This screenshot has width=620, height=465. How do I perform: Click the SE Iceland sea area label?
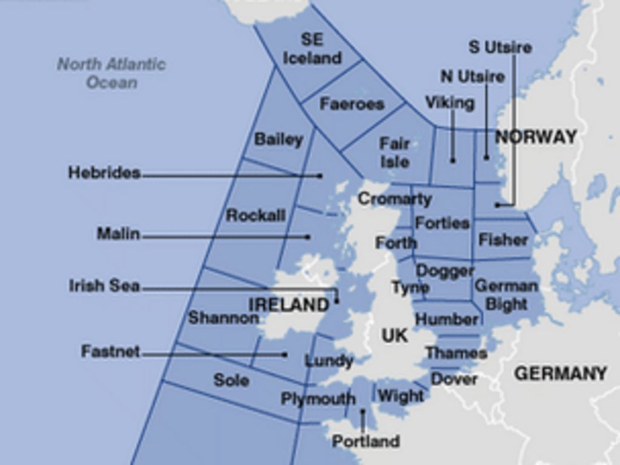point(312,49)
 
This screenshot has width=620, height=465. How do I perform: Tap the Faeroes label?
point(352,104)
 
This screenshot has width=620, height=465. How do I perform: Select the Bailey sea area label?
point(278,139)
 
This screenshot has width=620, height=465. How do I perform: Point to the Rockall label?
point(255,215)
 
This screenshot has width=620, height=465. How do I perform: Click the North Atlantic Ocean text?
point(111,73)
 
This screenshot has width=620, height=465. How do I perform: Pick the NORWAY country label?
point(536,137)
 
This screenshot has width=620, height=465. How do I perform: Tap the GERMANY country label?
point(560,374)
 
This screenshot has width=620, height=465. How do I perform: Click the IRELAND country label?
point(288,305)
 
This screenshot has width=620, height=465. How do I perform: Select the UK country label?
point(395,335)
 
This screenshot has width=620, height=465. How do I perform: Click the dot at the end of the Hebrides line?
point(320,176)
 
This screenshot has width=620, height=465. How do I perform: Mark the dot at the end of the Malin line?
point(308,237)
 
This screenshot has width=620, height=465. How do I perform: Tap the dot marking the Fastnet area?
point(285,354)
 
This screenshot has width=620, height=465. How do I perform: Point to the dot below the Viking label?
point(452,160)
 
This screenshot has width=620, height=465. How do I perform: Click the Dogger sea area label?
point(445,271)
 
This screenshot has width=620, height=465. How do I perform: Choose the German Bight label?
point(506,295)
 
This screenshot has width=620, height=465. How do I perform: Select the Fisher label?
point(503,240)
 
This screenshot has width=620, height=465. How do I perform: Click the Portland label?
point(366,441)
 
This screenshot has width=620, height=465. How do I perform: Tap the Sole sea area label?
point(231,380)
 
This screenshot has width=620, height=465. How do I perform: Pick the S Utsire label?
point(500,47)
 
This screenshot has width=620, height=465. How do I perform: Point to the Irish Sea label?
point(104,286)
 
